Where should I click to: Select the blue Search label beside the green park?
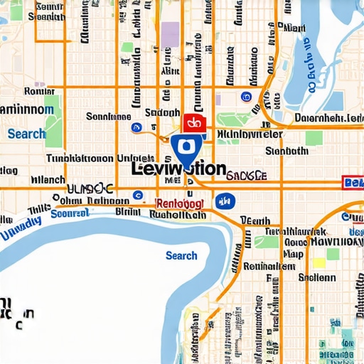click(26, 134)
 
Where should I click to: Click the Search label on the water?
click(181, 255)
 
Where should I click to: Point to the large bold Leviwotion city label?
click(179, 169)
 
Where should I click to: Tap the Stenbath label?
click(286, 151)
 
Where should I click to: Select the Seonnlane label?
click(109, 116)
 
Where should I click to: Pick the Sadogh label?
click(162, 112)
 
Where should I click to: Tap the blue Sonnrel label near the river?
click(71, 213)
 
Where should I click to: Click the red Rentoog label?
click(179, 203)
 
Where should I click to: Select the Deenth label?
click(255, 220)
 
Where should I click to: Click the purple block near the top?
click(171, 34)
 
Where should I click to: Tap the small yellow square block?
click(319, 263)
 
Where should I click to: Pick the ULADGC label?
click(90, 188)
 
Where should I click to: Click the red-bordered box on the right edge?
click(353, 183)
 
